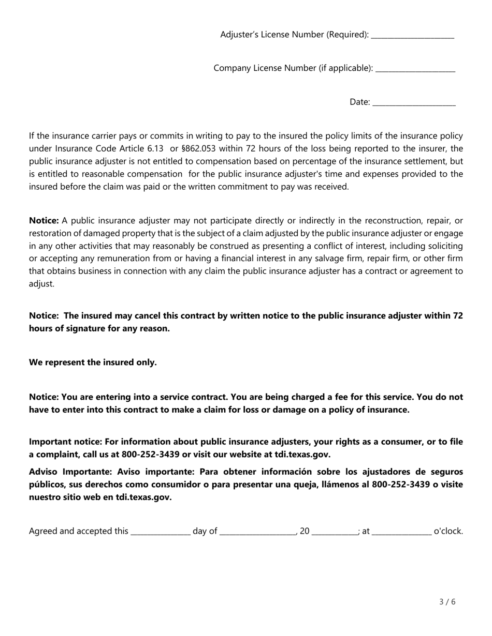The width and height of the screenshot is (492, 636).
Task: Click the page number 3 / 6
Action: pyautogui.click(x=447, y=601)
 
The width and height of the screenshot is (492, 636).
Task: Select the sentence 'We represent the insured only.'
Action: pyautogui.click(x=93, y=362)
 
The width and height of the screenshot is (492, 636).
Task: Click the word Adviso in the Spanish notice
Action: pyautogui.click(x=44, y=472)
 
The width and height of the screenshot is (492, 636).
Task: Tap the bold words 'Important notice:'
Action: pyautogui.click(x=65, y=442)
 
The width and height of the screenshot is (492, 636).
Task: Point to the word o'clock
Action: pyautogui.click(x=448, y=531)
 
